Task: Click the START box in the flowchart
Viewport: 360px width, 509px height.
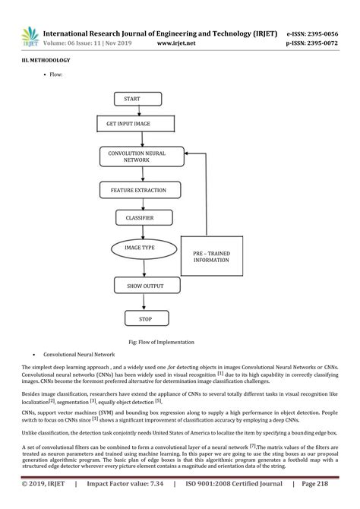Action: coord(137,99)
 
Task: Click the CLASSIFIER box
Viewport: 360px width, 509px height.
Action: coord(139,219)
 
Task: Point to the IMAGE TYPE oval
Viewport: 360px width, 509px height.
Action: coord(139,248)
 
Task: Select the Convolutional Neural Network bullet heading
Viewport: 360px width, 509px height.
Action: coord(78,355)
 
